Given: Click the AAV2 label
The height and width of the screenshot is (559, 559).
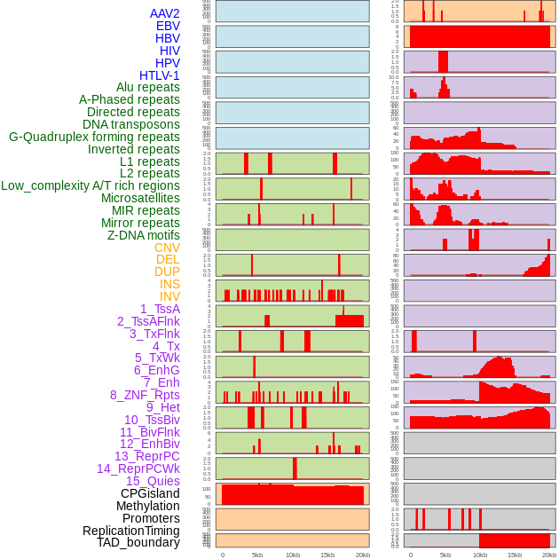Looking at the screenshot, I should (165, 13).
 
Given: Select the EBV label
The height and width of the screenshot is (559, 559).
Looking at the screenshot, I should (168, 26).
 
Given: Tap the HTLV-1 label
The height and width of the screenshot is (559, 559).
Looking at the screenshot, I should (160, 75).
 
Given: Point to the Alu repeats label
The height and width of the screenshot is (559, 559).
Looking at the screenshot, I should (148, 87).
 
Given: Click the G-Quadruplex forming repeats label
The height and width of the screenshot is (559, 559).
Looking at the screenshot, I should (94, 137).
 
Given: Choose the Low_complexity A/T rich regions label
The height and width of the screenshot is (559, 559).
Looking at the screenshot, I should (91, 185).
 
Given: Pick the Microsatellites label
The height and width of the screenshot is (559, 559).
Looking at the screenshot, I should (140, 198).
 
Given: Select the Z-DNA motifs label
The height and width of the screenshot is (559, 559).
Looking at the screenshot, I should (144, 235).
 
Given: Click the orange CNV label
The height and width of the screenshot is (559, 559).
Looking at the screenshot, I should (167, 248).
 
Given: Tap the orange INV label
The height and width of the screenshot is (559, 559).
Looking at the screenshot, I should (169, 296).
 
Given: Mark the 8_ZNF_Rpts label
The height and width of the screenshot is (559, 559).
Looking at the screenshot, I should (145, 395).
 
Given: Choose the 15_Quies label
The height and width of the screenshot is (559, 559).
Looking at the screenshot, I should (153, 481).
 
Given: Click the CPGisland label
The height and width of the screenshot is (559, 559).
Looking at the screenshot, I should (150, 493).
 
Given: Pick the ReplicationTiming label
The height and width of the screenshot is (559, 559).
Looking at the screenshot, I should (131, 531).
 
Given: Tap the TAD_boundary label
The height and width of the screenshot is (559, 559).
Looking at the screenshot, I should (138, 542).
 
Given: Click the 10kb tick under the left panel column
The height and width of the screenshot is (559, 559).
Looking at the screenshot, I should (293, 555).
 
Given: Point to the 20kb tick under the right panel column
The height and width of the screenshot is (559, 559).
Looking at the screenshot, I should (550, 555).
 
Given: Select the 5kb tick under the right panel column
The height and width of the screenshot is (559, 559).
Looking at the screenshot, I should (445, 555).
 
